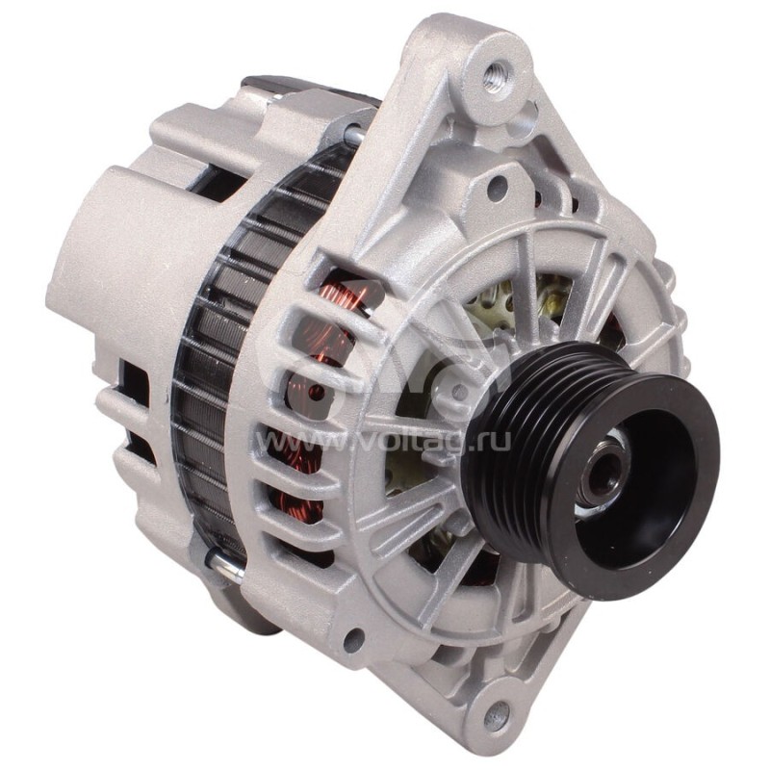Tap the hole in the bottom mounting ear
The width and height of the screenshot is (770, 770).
[497, 714]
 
